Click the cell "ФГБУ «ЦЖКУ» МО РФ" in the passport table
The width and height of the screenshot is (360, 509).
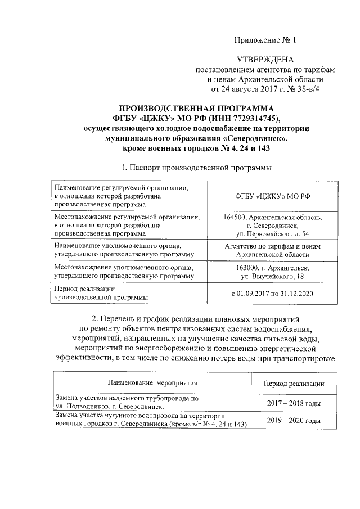[x=272, y=197]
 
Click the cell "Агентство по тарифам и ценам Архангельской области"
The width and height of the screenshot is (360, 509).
[x=272, y=250]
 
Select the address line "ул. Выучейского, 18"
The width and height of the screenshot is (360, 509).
[x=272, y=277]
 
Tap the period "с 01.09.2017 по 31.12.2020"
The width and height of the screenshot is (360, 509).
[x=272, y=293]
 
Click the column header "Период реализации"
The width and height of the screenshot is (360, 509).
[x=294, y=384]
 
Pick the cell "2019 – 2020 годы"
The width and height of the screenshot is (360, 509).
[x=294, y=420]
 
